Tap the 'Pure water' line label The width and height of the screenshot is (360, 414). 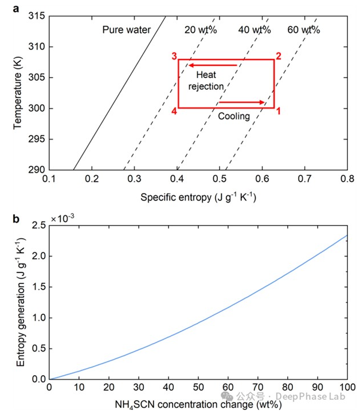point(127,30)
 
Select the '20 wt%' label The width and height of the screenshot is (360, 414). point(200,30)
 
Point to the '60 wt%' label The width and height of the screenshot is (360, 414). point(304,30)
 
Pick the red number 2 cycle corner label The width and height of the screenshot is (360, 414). point(278,56)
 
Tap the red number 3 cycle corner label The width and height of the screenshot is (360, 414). point(173,56)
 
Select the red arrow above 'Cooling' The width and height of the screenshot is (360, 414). point(241,103)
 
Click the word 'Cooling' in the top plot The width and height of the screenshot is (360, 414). point(234,116)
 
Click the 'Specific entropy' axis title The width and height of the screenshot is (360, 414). point(198,197)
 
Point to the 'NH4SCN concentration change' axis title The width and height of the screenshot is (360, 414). point(198,405)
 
